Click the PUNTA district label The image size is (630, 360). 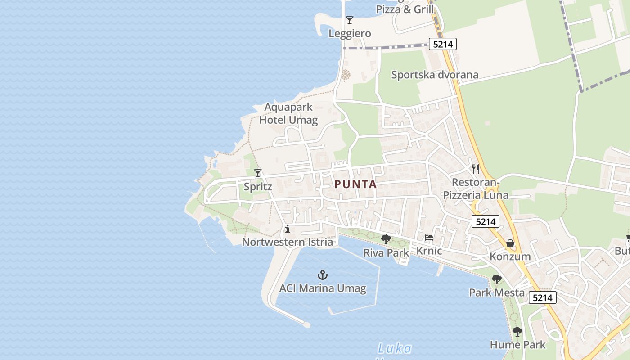point(355,184)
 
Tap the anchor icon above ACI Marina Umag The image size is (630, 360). point(322,274)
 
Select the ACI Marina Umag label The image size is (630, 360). point(323,288)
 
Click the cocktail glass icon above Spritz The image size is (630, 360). point(258,173)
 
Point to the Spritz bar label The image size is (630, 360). point(258,186)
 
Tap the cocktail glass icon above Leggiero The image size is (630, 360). point(349,20)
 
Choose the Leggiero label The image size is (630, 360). point(350,33)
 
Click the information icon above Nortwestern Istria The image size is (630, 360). point(288,229)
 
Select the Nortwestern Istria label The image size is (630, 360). point(288,242)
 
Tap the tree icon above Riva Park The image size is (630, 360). point(386,239)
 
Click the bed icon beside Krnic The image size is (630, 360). point(429,238)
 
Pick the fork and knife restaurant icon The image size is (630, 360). point(476,169)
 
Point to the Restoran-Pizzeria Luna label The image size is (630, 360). point(476,189)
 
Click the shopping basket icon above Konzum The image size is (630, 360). point(510,243)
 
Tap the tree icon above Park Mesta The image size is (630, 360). point(496,279)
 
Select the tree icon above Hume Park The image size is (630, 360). point(517,332)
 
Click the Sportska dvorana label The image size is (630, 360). point(435,75)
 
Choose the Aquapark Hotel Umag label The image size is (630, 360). point(288,114)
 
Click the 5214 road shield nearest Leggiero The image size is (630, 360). point(443,44)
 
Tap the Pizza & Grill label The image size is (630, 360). point(405,9)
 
